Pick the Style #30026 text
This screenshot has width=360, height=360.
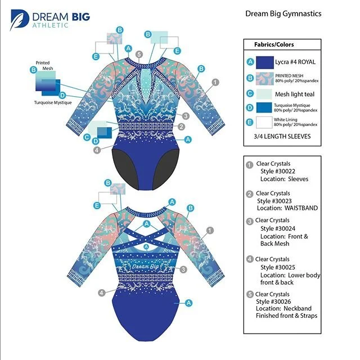coord(276,301)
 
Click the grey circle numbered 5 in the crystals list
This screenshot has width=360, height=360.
coord(249,293)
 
